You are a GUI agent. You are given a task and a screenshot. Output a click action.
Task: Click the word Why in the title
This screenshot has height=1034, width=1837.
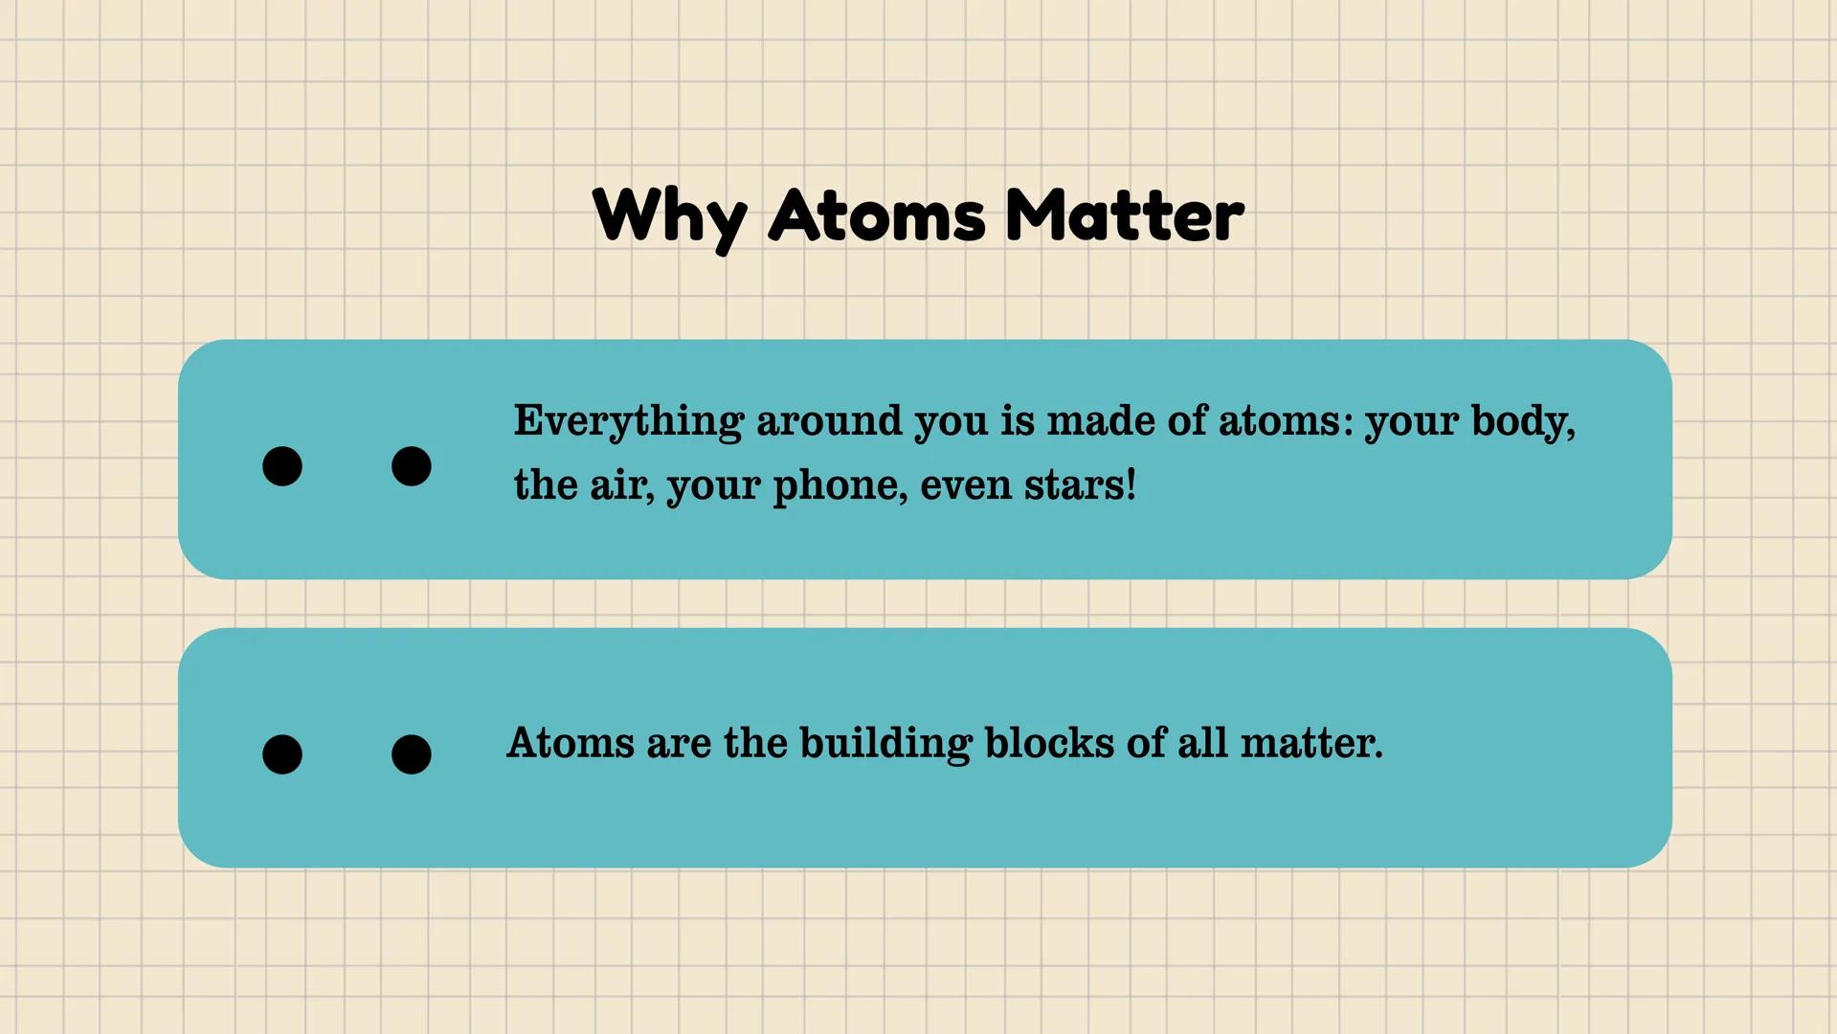coord(669,216)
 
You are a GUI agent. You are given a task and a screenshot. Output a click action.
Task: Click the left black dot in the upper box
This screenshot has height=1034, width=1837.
coord(282,466)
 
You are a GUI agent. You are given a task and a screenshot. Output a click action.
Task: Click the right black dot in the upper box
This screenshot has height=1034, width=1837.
coord(412,466)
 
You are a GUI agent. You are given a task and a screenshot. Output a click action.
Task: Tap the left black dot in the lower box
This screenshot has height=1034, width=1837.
coord(282,754)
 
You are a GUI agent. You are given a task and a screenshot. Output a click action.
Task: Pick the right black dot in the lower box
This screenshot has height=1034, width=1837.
coord(412,754)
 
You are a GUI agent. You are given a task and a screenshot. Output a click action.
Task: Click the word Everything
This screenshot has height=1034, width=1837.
coord(628,421)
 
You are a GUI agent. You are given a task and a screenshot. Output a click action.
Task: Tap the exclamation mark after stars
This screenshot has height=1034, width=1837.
coord(1131,483)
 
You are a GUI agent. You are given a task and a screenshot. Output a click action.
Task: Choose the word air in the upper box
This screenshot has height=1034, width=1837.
coord(619,485)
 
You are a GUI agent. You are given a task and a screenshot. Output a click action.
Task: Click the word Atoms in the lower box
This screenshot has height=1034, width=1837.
coord(570,743)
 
